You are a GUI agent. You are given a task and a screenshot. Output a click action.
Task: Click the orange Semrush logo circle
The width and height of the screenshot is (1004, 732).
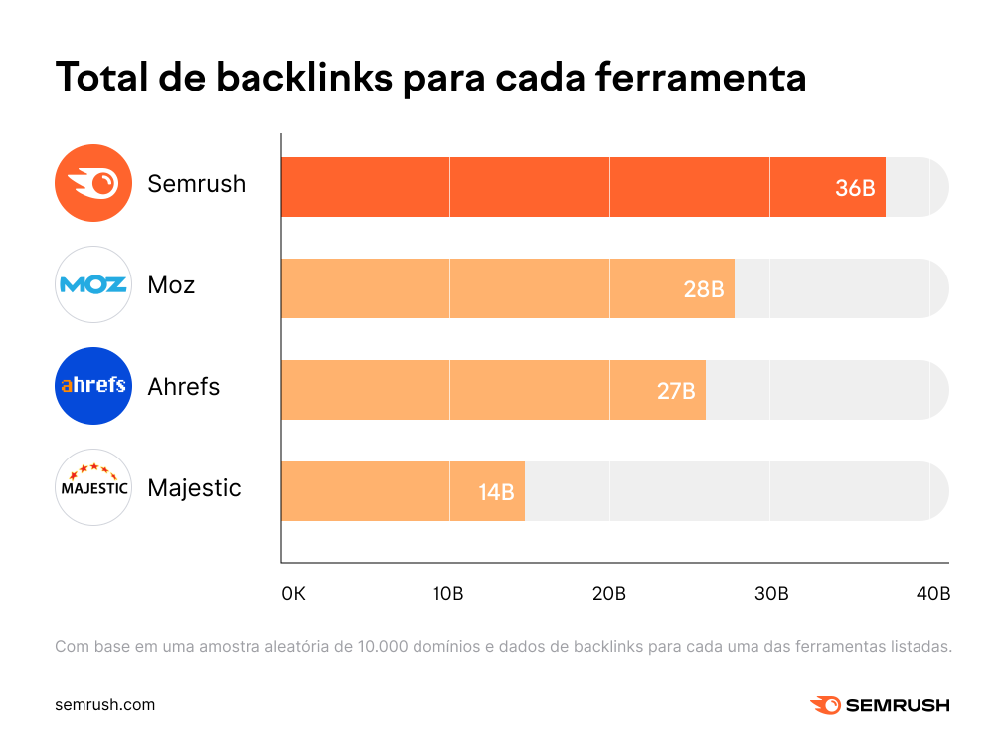(93, 184)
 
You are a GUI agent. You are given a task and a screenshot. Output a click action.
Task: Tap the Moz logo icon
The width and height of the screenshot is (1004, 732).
(93, 285)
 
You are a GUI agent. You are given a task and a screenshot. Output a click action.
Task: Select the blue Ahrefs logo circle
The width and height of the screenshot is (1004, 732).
(93, 386)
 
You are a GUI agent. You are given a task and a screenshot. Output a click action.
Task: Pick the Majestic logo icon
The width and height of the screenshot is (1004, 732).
(93, 487)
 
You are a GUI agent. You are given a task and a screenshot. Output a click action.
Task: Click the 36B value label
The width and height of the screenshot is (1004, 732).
(855, 188)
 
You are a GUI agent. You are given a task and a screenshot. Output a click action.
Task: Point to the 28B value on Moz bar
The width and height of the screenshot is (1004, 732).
(704, 289)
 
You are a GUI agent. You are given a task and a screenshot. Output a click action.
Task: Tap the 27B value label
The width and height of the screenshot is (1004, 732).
(676, 391)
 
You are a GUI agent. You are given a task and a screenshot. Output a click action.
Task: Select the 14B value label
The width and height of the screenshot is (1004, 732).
(496, 491)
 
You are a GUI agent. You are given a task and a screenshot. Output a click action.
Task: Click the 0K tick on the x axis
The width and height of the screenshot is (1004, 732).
(293, 594)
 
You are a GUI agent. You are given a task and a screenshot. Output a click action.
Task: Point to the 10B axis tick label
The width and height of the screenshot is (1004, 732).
(448, 594)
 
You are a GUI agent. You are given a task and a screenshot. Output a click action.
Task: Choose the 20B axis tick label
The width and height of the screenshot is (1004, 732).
(609, 594)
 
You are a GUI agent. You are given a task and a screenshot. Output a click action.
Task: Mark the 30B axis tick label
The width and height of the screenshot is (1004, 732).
(771, 594)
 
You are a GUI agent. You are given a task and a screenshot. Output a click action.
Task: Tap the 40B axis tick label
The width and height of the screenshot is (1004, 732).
(933, 594)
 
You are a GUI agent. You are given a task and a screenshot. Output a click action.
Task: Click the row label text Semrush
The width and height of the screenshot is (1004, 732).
(196, 184)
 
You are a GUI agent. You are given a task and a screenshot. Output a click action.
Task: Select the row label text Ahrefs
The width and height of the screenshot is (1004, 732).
(183, 386)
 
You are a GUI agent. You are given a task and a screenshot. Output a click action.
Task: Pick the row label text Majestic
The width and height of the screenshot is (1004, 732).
(194, 488)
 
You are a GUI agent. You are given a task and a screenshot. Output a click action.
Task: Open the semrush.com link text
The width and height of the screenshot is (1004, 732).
(104, 704)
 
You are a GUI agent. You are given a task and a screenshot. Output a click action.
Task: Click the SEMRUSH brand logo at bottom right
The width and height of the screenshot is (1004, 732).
(880, 705)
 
